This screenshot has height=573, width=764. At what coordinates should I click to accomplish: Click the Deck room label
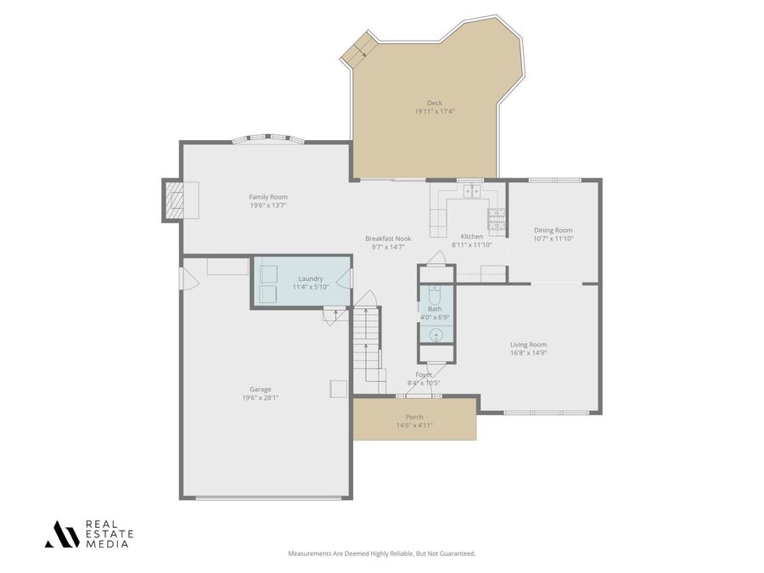pyautogui.click(x=435, y=103)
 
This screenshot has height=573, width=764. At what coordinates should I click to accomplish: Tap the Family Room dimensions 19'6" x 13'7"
pyautogui.click(x=268, y=205)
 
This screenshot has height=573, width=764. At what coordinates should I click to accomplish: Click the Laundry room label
pyautogui.click(x=311, y=278)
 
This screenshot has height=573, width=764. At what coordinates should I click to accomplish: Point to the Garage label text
pyautogui.click(x=261, y=389)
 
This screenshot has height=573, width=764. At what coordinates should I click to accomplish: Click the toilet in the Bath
pyautogui.click(x=435, y=297)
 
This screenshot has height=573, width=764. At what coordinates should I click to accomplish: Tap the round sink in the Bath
pyautogui.click(x=435, y=334)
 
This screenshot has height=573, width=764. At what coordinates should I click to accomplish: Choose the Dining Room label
pyautogui.click(x=553, y=230)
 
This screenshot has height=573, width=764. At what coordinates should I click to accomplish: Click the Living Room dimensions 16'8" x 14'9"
pyautogui.click(x=528, y=352)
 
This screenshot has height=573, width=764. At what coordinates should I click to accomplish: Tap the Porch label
pyautogui.click(x=414, y=417)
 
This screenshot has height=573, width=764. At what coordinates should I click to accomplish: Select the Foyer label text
pyautogui.click(x=424, y=374)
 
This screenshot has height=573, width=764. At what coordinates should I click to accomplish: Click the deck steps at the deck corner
pyautogui.click(x=357, y=49)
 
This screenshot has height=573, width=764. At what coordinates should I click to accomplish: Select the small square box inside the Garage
pyautogui.click(x=338, y=388)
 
